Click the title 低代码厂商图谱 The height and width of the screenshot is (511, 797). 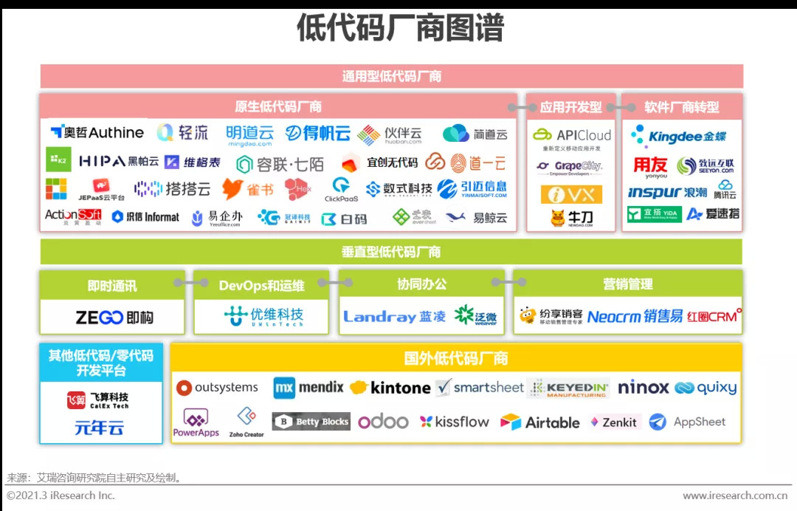pos(399,28)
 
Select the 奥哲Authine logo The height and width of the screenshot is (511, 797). pos(97,133)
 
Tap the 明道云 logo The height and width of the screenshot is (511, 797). pos(249,135)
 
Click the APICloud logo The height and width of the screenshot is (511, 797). pos(572,136)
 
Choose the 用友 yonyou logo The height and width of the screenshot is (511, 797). pos(650,166)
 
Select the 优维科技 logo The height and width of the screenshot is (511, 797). pos(263,317)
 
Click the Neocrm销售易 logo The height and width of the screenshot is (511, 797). pos(635,317)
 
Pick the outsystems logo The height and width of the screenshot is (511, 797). pos(217,388)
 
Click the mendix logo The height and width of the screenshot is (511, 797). pos(308,388)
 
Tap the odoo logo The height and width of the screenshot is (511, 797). pos(383,422)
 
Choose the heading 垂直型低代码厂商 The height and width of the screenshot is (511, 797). pos(391,252)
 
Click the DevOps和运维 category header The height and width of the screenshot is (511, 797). pos(261,285)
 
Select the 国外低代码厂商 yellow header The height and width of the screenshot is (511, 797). pos(456,359)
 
